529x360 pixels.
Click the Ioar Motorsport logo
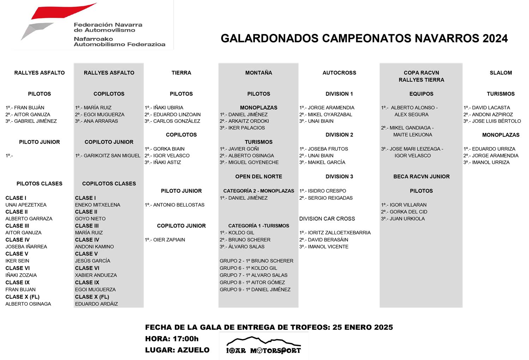click(x=263, y=346)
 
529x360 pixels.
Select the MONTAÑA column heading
click(x=259, y=73)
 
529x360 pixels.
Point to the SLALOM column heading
click(x=500, y=73)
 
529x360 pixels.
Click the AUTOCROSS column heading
click(x=339, y=73)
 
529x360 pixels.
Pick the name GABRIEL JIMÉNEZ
click(x=35, y=121)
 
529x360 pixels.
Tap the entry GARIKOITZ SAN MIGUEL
click(x=112, y=156)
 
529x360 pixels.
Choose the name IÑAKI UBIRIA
click(x=168, y=108)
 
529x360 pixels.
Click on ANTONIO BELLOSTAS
click(x=179, y=205)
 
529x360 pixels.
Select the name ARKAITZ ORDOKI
click(x=248, y=121)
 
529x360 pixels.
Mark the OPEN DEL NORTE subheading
click(x=259, y=176)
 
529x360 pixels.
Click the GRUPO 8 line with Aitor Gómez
click(x=252, y=282)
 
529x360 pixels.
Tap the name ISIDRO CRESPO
click(x=327, y=191)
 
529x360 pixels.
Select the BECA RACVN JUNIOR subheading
click(x=421, y=176)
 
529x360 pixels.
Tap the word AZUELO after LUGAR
click(x=193, y=350)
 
